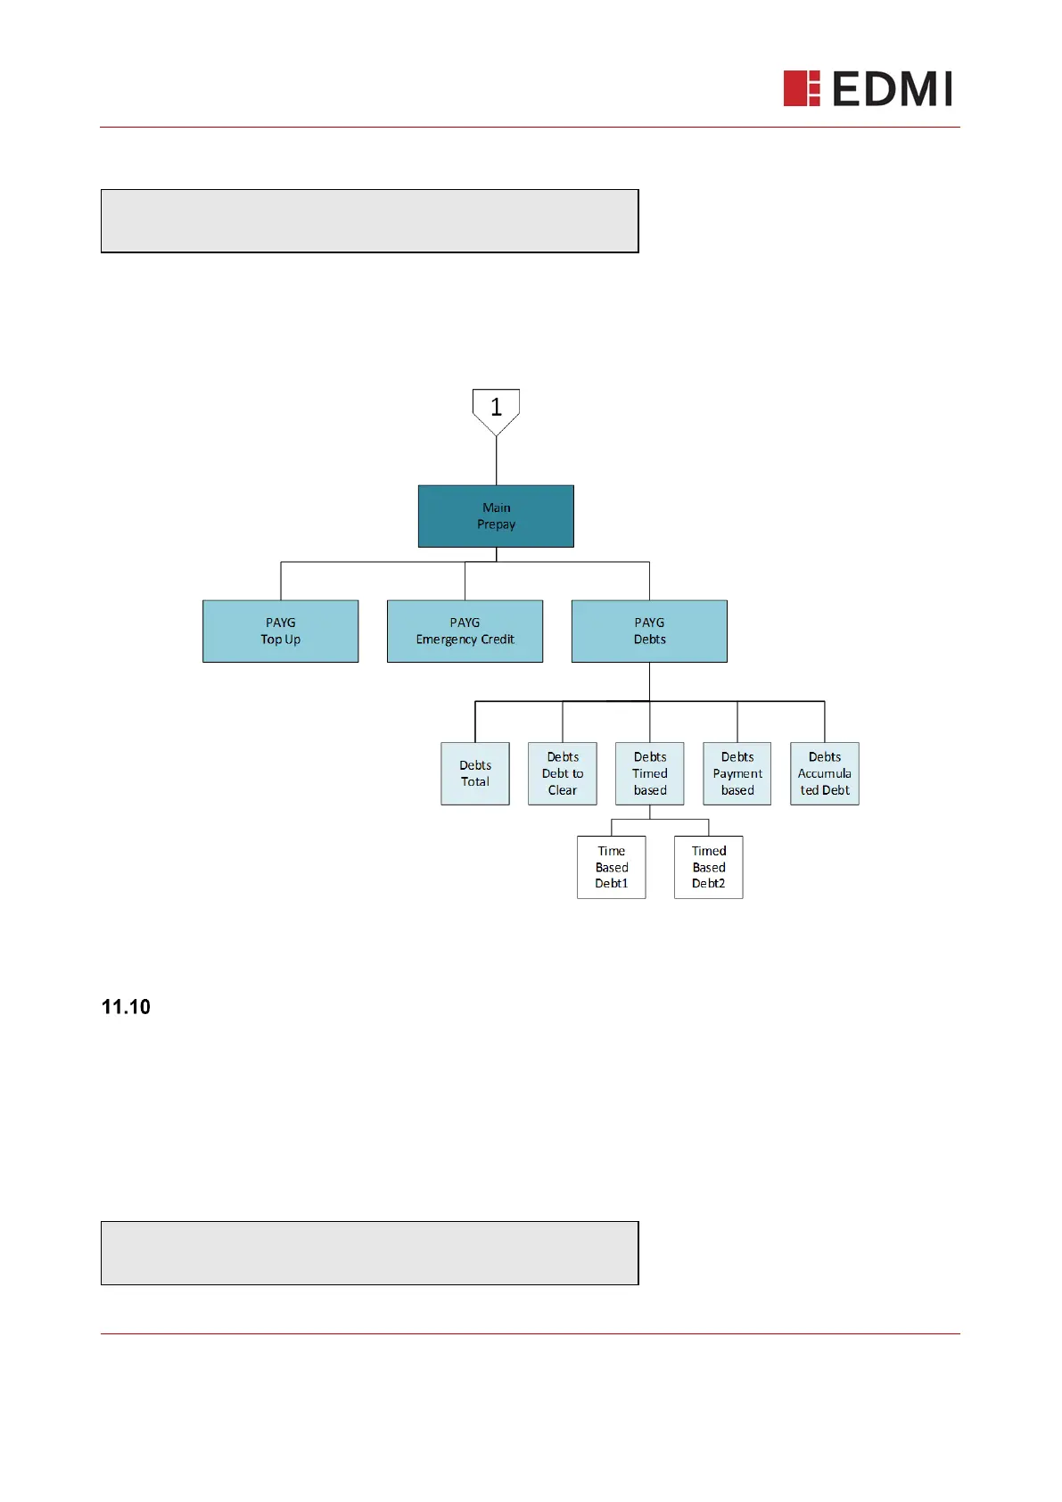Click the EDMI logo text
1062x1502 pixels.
892,89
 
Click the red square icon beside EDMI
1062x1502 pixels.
801,88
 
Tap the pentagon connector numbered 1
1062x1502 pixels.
496,409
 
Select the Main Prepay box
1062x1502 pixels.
496,516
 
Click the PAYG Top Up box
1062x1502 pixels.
280,631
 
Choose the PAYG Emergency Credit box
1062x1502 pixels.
465,631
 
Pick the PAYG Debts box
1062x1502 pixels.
649,631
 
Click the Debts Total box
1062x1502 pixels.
475,773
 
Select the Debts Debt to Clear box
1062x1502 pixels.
563,773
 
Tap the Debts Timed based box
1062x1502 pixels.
650,773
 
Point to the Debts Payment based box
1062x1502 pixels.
737,773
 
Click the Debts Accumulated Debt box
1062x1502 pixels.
825,773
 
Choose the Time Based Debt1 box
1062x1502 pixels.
612,867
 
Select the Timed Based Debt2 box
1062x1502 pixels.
709,867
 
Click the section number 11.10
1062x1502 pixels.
126,1007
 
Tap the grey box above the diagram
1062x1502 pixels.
370,221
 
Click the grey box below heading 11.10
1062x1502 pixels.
370,1253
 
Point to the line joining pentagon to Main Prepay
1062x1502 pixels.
497,461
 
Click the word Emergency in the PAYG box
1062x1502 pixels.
446,640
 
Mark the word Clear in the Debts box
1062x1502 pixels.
563,790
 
